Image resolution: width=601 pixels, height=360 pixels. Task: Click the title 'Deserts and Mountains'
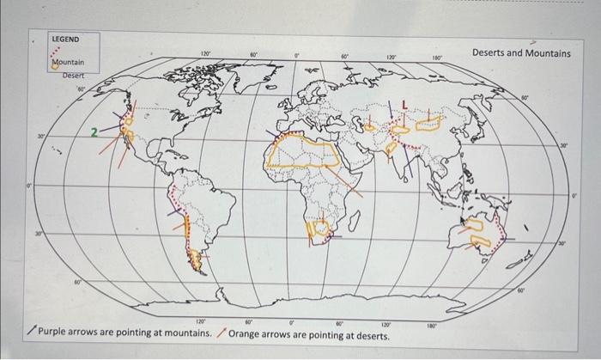pos(521,53)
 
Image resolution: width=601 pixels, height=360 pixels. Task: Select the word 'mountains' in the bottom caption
pos(190,333)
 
